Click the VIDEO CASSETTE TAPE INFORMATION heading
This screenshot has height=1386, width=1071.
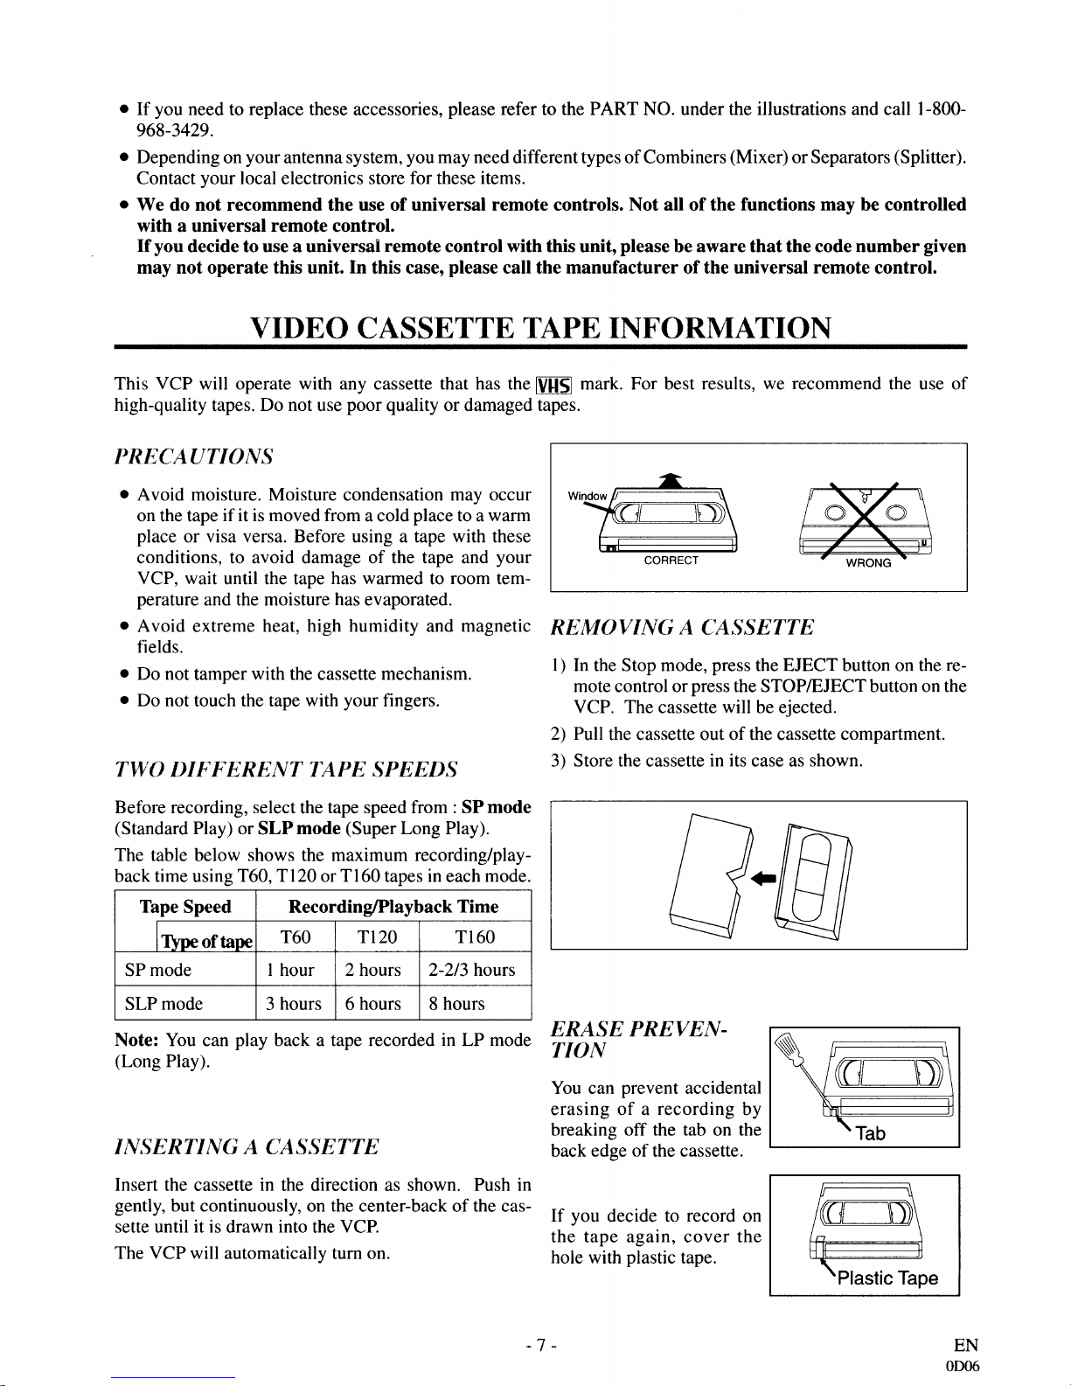[x=539, y=328]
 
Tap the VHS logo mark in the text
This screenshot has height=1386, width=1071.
[x=553, y=385]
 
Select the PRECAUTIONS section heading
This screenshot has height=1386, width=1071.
[x=194, y=456]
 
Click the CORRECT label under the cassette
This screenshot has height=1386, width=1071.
[x=671, y=561]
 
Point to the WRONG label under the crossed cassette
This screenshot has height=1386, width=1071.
[x=867, y=563]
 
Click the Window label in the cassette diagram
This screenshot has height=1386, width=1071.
[x=586, y=497]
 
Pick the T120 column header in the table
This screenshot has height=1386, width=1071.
[x=378, y=937]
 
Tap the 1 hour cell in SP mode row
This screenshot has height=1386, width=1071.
[x=290, y=970]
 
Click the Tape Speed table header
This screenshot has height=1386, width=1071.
[x=185, y=907]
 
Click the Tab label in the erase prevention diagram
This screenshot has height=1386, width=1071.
[x=870, y=1133]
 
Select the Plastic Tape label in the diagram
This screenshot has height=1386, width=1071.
[x=887, y=1278]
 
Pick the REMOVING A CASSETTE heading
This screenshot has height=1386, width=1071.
[x=682, y=627]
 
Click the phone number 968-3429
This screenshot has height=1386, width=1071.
[x=175, y=131]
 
